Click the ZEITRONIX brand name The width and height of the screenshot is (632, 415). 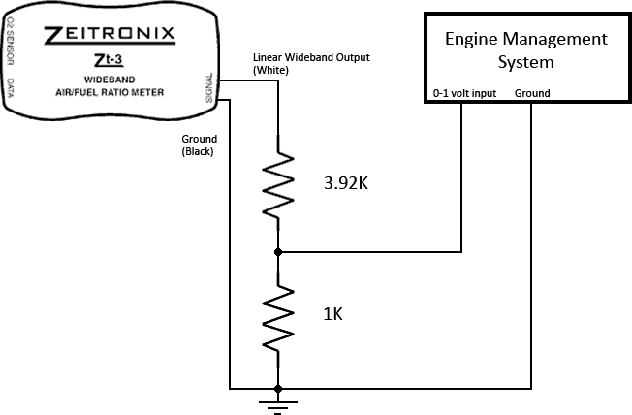(x=111, y=37)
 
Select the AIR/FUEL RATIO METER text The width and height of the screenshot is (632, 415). (x=110, y=92)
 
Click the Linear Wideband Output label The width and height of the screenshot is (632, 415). (x=311, y=57)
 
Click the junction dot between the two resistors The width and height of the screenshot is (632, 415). (x=278, y=252)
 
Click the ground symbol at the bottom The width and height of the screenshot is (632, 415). (x=278, y=402)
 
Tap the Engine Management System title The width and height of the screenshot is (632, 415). (x=525, y=50)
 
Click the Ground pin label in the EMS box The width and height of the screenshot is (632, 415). (x=532, y=93)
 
